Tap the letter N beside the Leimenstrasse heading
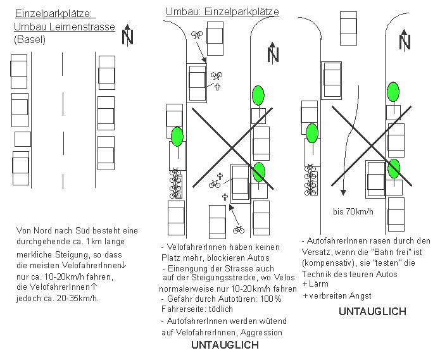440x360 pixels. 127,36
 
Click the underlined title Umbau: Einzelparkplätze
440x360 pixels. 222,12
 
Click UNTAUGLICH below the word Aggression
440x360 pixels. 225,345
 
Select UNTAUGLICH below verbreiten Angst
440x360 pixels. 372,311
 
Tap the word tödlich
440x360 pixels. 219,309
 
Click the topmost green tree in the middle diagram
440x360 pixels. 258,95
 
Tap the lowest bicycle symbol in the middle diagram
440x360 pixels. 239,229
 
